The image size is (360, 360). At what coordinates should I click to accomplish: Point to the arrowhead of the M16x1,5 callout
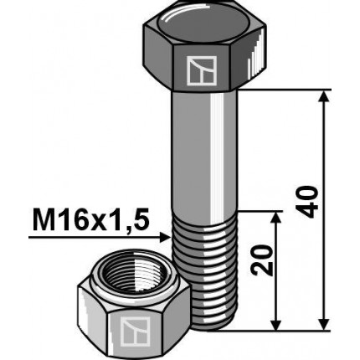pos(166,238)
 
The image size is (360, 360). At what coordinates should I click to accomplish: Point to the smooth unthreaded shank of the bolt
pos(206,151)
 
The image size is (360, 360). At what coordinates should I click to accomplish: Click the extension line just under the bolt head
pos(285,90)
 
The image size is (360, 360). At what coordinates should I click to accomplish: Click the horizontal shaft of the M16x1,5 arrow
pos(92,238)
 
